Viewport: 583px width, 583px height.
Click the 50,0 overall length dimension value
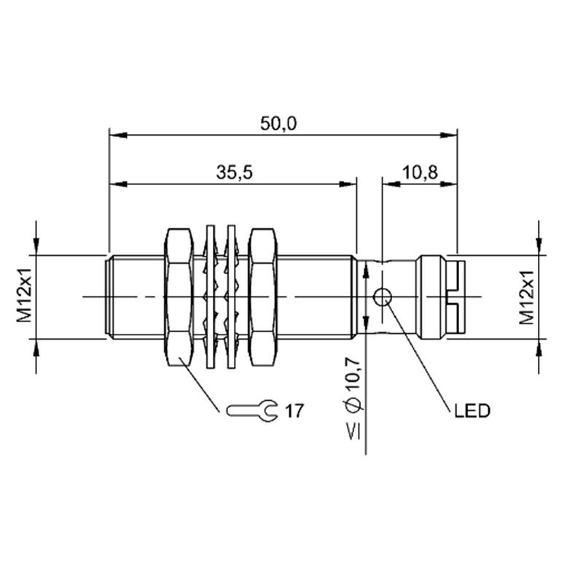click(278, 124)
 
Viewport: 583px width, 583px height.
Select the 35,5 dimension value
click(235, 173)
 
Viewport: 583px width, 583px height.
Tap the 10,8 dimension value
click(420, 173)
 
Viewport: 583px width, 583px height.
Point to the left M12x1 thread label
click(25, 297)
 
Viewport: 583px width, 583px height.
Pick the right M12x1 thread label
click(526, 297)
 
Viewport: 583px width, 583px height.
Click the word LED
click(472, 411)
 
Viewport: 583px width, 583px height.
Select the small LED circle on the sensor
click(382, 297)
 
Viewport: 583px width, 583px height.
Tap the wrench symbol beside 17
click(252, 411)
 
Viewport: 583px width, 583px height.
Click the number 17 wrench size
click(294, 411)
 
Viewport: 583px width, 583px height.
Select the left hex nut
click(179, 297)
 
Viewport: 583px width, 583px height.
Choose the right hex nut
click(263, 297)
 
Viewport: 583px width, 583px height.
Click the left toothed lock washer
click(210, 297)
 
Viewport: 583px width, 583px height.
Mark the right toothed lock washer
click(231, 297)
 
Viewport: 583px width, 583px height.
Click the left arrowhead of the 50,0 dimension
click(118, 136)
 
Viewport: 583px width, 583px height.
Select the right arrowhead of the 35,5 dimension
click(348, 184)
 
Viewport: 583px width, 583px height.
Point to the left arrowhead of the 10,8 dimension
click(391, 184)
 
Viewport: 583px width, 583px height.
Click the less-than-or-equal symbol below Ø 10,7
click(353, 431)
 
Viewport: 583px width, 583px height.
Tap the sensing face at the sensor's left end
click(108, 297)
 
